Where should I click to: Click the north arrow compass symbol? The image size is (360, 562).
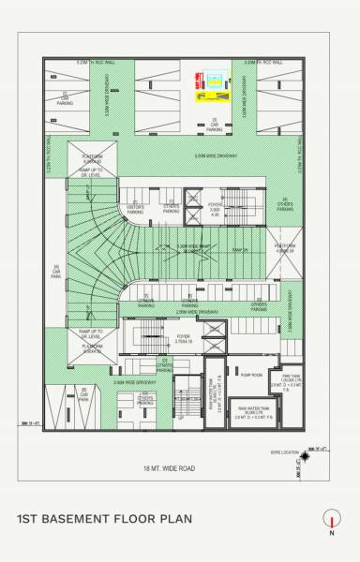(331, 517)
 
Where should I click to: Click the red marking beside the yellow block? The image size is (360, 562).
(197, 80)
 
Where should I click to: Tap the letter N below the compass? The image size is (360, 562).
(332, 533)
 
